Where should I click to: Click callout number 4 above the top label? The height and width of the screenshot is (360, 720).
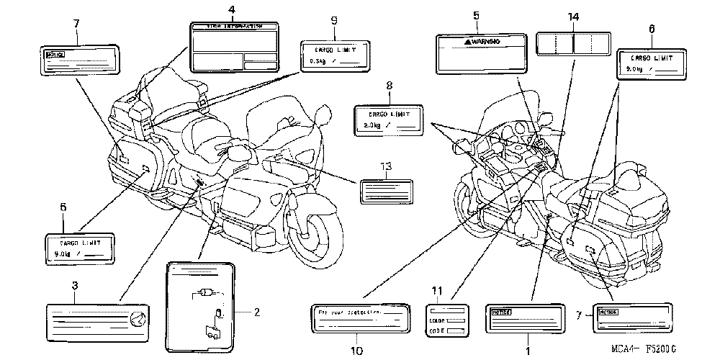coord(232,9)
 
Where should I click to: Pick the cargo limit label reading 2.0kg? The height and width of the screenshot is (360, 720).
coord(390,120)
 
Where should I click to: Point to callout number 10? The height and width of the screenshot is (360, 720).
coord(354,351)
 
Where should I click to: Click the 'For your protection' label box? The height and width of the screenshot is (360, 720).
coord(362,319)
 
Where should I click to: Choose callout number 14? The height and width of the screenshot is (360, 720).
coord(572,17)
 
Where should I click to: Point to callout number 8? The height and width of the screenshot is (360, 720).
coord(389,86)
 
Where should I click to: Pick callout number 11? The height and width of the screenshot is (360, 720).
coord(454,289)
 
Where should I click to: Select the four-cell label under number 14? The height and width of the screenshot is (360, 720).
coord(572,44)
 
